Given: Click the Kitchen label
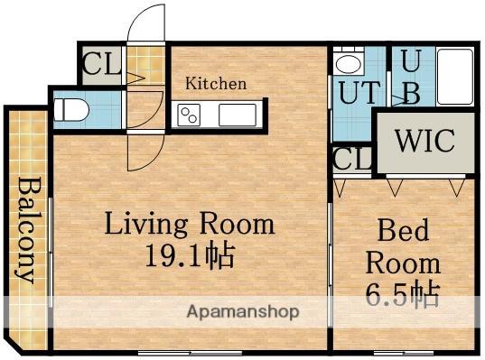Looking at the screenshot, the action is click(216, 84).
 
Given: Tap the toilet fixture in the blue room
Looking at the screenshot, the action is click(71, 110).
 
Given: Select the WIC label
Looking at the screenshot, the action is click(425, 141).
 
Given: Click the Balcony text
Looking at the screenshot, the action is click(27, 229).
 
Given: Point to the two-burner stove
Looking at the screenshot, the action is click(189, 115).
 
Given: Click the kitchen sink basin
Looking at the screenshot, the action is click(238, 115).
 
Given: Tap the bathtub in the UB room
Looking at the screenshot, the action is click(454, 77).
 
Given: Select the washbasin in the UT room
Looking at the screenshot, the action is click(349, 62).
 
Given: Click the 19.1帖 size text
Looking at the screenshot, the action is click(190, 255).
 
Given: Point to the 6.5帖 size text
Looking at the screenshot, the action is click(403, 294).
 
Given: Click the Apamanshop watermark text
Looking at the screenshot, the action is click(243, 312).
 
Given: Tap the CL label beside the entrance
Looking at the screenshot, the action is click(101, 64).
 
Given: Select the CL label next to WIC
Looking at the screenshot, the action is click(352, 159).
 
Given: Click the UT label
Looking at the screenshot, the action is click(359, 92).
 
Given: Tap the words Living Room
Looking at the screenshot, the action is click(190, 224).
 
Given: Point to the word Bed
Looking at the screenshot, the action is click(403, 229).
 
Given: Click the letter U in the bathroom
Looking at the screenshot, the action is click(411, 61).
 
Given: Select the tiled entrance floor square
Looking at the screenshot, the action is click(145, 65).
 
